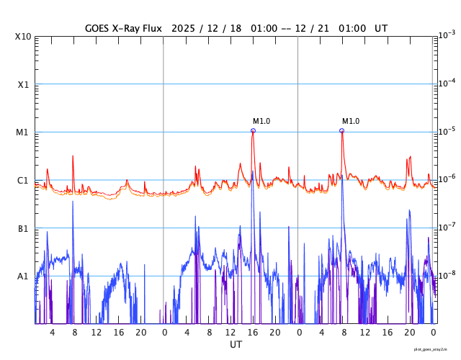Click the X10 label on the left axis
point(23,37)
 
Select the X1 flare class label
point(23,84)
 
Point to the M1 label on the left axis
point(23,132)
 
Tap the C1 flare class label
point(23,180)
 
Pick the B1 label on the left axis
point(23,228)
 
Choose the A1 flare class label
point(23,276)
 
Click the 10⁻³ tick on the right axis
point(448,35)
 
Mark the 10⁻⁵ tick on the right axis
point(448,131)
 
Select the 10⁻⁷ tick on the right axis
point(448,227)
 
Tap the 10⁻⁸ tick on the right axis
point(448,274)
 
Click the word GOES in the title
point(99,28)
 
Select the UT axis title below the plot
point(236,345)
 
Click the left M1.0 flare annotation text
point(261,122)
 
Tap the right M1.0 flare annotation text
point(351,122)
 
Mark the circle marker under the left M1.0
point(253,131)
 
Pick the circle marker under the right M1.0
point(341,131)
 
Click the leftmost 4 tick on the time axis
point(52,333)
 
